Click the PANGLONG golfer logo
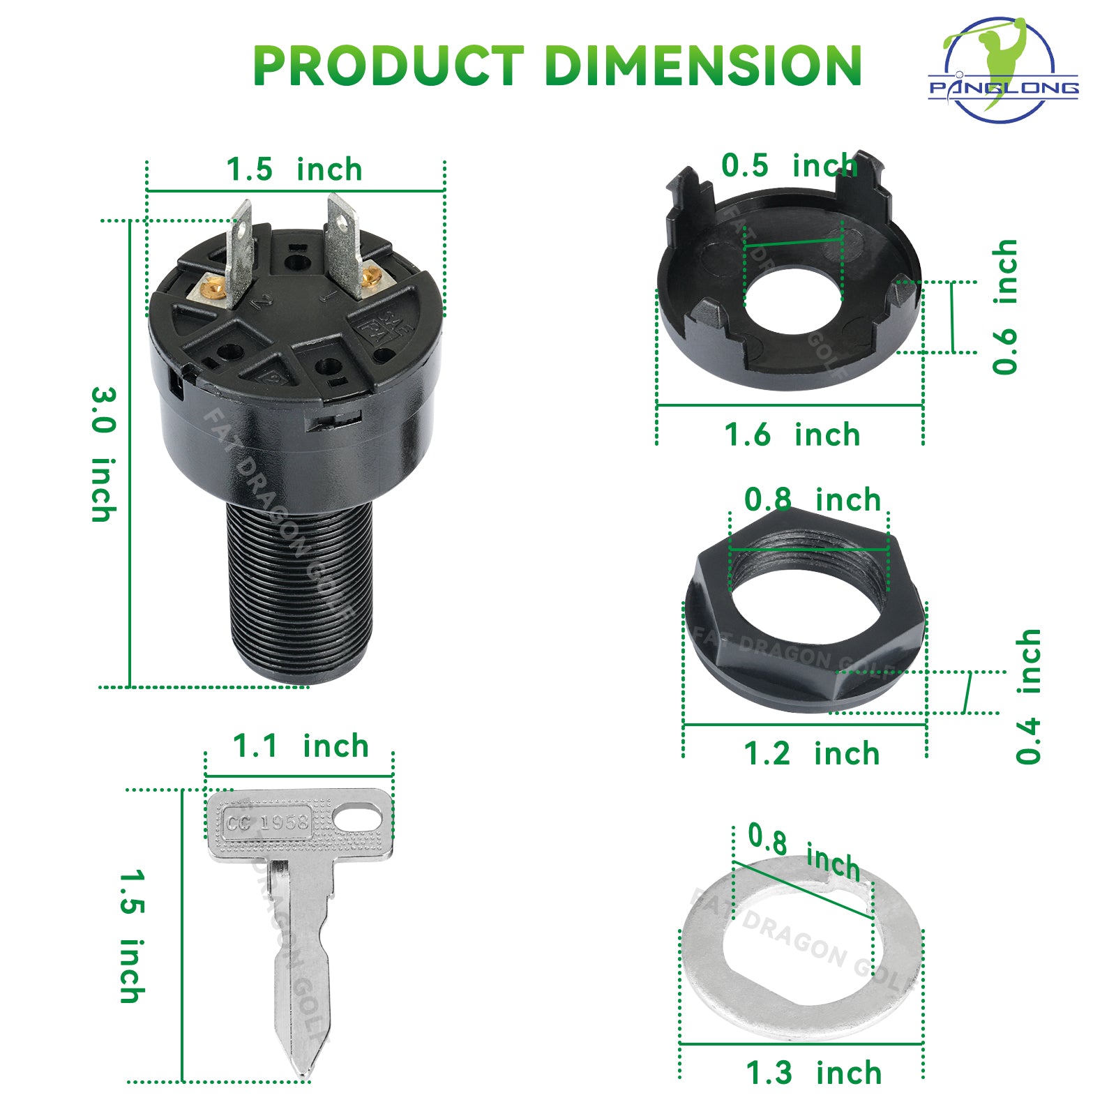[1003, 70]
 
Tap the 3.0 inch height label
[103, 454]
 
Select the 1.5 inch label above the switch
[294, 169]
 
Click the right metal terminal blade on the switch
[345, 244]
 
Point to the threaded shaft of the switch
[300, 593]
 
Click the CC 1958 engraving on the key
[266, 823]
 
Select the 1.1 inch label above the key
[300, 746]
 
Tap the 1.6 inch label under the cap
[792, 435]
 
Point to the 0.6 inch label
[1005, 307]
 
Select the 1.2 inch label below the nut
[811, 754]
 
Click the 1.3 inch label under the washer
[813, 1073]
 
